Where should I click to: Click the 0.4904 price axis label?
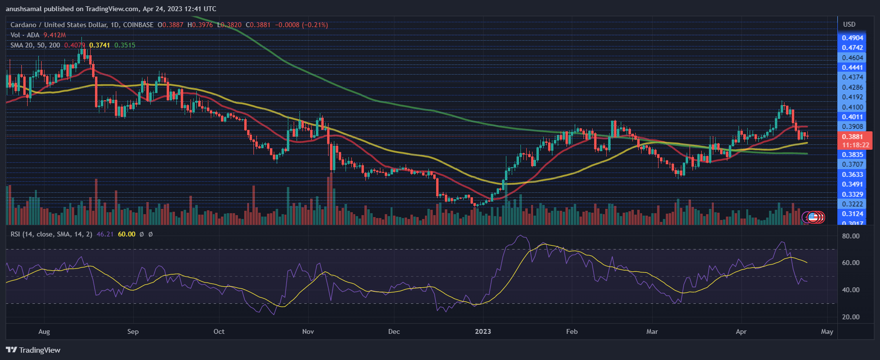tap(852, 38)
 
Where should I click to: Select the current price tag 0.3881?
tap(852, 137)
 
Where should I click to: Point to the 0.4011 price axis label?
tap(852, 117)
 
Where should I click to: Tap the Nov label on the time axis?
tap(308, 331)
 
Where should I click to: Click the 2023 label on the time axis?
tap(483, 331)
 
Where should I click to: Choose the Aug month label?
tap(44, 331)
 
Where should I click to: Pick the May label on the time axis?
tap(827, 331)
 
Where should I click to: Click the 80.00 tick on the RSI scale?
tap(851, 236)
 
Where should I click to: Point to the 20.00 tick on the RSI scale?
tap(851, 317)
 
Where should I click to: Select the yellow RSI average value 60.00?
tap(126, 234)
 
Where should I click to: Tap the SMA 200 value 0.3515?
tap(125, 45)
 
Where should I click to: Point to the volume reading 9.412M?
tap(54, 35)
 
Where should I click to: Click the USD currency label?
tap(849, 24)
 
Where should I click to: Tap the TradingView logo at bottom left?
tap(33, 350)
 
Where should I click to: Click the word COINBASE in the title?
tap(138, 25)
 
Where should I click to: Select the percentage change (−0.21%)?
tap(314, 25)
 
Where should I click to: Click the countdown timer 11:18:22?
tap(855, 145)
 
